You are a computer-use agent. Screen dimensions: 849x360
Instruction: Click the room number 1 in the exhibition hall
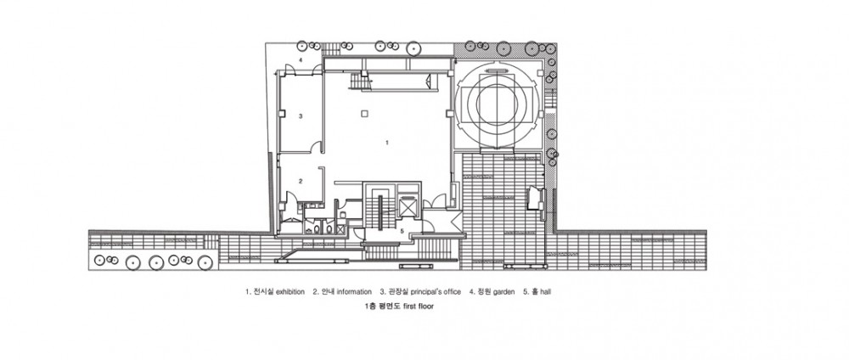pyautogui.click(x=386, y=143)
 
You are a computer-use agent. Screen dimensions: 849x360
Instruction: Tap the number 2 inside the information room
pyautogui.click(x=300, y=181)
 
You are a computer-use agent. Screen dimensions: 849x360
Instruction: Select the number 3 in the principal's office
pyautogui.click(x=300, y=115)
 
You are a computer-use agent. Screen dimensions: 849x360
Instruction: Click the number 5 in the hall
pyautogui.click(x=402, y=231)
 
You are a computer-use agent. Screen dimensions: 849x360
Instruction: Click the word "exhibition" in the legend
pyautogui.click(x=290, y=292)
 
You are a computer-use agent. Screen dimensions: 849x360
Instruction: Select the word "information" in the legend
pyautogui.click(x=354, y=292)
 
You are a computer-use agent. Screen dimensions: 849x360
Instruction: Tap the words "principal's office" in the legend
pyautogui.click(x=436, y=292)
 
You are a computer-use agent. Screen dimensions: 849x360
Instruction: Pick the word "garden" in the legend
pyautogui.click(x=504, y=292)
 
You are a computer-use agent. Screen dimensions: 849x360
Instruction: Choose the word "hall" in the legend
pyautogui.click(x=546, y=292)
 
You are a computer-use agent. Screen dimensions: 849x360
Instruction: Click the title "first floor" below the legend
pyautogui.click(x=418, y=307)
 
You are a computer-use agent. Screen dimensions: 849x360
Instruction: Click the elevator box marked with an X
pyautogui.click(x=406, y=207)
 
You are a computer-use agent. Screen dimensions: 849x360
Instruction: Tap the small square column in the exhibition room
pyautogui.click(x=365, y=113)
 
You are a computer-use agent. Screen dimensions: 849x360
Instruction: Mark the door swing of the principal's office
pyautogui.click(x=318, y=146)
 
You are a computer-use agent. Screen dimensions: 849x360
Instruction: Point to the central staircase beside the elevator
pyautogui.click(x=380, y=212)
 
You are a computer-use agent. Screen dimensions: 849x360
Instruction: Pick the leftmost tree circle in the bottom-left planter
pyautogui.click(x=99, y=261)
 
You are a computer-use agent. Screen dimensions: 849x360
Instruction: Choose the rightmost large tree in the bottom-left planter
pyautogui.click(x=205, y=263)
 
